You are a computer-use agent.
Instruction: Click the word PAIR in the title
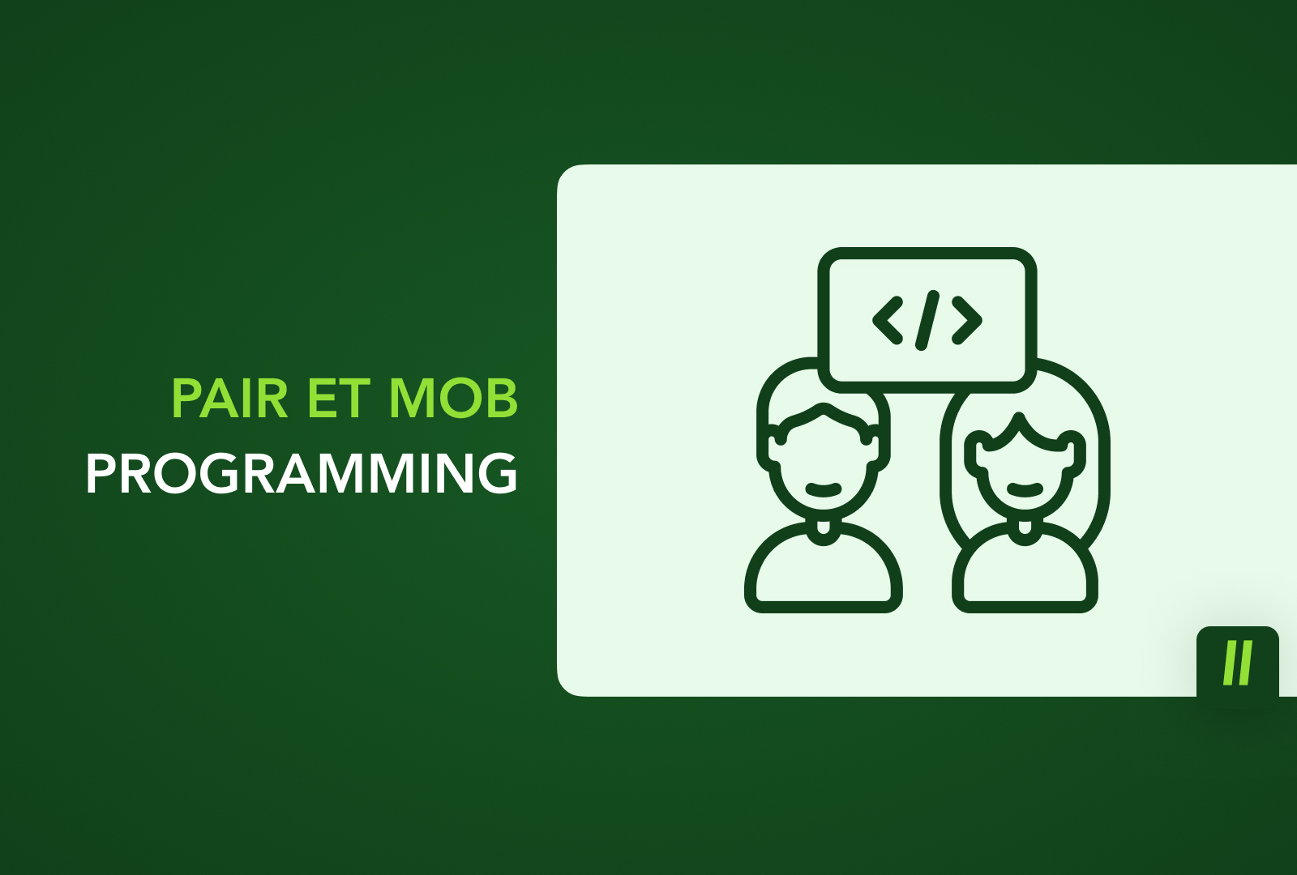point(230,398)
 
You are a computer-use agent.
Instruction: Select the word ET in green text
point(339,398)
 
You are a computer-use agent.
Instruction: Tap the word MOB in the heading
point(453,398)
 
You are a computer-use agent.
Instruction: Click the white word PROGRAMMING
point(302,473)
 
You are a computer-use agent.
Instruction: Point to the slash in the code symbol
point(927,321)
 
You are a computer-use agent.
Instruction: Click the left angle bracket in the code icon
point(888,321)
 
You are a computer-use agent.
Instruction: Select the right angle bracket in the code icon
point(967,321)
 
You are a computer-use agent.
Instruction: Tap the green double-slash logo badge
point(1237,661)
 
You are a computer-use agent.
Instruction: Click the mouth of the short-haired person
point(824,489)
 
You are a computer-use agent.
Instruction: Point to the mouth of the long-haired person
point(1025,489)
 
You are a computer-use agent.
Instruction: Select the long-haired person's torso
point(1025,570)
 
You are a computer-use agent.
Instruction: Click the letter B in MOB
point(503,398)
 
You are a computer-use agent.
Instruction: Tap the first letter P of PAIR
point(185,398)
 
